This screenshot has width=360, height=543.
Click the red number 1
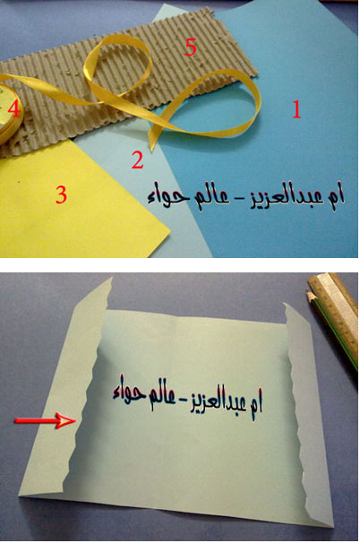click(x=296, y=109)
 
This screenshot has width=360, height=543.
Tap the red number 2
click(x=137, y=160)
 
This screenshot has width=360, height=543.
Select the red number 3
click(x=61, y=194)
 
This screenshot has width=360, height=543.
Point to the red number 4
click(x=14, y=109)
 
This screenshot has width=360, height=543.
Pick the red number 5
click(x=191, y=47)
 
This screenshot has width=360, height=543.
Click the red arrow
click(x=45, y=421)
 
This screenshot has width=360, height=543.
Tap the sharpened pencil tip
click(x=307, y=293)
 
